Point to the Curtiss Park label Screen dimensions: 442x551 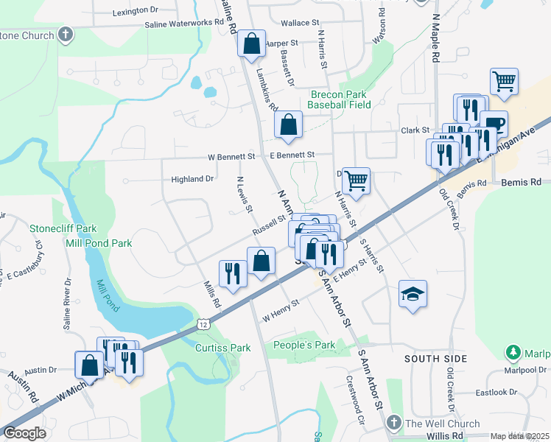(x=223, y=347)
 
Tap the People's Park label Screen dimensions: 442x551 (x=303, y=345)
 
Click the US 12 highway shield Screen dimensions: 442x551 (x=203, y=323)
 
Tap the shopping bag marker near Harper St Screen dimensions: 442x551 (x=251, y=43)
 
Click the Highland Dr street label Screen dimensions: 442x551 (x=192, y=179)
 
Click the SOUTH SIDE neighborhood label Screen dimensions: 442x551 (x=435, y=359)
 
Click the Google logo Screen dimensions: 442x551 (x=25, y=433)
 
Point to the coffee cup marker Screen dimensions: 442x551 (x=494, y=124)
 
